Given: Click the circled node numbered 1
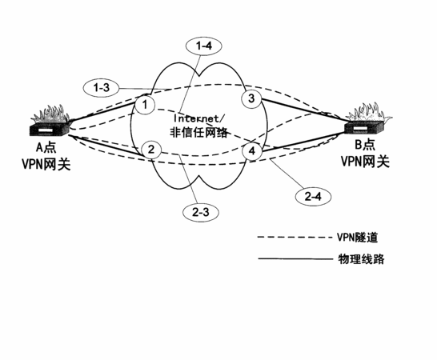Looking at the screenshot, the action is click(145, 105).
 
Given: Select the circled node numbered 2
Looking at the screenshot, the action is click(151, 150).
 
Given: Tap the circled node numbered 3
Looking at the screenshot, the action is click(251, 98).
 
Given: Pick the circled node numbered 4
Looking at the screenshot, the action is click(252, 151).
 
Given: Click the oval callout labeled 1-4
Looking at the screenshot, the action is click(204, 46).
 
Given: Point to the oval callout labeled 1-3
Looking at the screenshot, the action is click(101, 88).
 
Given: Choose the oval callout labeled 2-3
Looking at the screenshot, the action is click(201, 213).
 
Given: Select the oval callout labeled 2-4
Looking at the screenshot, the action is click(313, 197).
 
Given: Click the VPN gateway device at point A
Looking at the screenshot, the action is click(50, 122).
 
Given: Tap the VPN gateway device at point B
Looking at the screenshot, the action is click(366, 120).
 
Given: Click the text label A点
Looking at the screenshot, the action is click(46, 147).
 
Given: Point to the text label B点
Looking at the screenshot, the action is click(365, 145).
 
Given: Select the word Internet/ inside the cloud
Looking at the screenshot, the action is click(198, 118).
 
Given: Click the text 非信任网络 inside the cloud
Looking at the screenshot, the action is click(198, 132).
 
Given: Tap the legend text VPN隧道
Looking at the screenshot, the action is click(358, 238).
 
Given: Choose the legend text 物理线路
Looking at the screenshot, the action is click(362, 259).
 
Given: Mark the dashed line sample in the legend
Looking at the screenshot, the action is click(295, 238).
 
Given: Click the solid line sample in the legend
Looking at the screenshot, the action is click(295, 259).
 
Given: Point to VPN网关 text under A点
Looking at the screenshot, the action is click(46, 164).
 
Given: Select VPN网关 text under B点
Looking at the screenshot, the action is click(365, 162).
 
